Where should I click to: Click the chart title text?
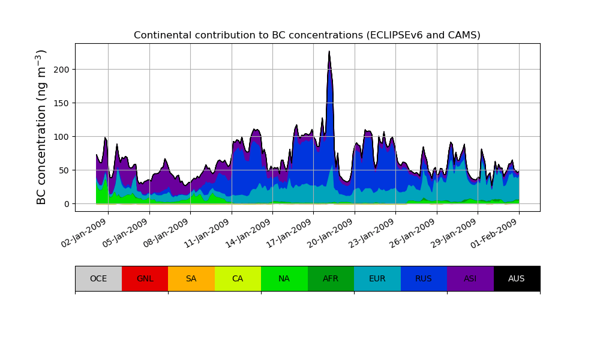coord(307,35)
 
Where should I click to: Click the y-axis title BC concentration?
coord(41,127)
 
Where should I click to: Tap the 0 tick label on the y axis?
coord(67,204)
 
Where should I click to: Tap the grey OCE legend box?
coord(98,278)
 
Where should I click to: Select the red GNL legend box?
coord(145,278)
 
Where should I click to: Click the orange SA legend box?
coord(191,278)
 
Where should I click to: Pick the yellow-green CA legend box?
coord(238,278)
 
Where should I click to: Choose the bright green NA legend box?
coord(284,278)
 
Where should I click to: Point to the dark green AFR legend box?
coord(331,278)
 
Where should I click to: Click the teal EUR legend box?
coord(377,278)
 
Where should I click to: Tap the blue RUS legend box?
coord(424,278)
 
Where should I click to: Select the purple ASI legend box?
coord(470,278)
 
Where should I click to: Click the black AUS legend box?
coord(517,278)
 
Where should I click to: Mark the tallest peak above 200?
coord(329,52)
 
